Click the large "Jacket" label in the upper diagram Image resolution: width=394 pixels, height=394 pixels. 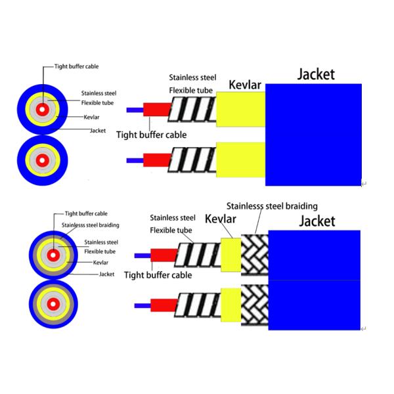tap(316, 75)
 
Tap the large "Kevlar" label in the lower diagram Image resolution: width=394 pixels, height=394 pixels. tap(221, 219)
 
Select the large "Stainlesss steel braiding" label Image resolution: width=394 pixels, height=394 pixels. tap(272, 206)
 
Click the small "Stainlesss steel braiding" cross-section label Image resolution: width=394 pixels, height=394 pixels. tap(91, 225)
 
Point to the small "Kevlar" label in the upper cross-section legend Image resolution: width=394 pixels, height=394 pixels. tap(91, 117)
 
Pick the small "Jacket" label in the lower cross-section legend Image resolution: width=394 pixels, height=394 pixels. tap(107, 274)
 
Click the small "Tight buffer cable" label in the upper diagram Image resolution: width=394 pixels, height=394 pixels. tap(76, 66)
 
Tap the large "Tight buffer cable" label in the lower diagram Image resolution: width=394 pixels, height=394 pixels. tap(158, 275)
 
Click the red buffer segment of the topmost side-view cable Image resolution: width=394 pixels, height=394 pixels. tap(157, 110)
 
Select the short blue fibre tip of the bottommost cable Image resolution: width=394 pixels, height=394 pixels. tap(142, 306)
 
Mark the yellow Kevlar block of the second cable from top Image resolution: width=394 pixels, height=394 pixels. tap(241, 160)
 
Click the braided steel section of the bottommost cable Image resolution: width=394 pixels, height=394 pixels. tap(255, 305)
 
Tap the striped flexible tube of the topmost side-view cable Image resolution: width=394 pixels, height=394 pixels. tap(192, 110)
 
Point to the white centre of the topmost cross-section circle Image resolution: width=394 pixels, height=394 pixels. tap(42, 110)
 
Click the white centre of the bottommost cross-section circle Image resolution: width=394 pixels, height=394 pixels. tap(53, 304)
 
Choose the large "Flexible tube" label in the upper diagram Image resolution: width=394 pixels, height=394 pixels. tap(190, 90)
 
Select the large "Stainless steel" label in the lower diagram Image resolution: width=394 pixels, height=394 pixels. tap(173, 217)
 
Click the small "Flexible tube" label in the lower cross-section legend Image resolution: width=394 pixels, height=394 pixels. tap(100, 252)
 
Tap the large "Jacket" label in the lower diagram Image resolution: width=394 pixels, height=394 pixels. tap(317, 221)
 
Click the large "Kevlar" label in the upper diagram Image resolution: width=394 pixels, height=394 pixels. tap(245, 85)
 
